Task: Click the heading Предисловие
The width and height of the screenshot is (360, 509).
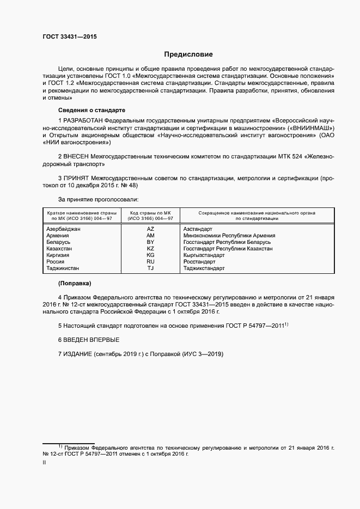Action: (188, 54)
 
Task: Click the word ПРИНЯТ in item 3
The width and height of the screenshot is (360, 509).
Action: (76, 177)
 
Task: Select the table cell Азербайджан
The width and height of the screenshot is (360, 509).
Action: (64, 229)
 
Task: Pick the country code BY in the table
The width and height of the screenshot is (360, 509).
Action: (151, 242)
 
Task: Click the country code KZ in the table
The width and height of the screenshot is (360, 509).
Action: (151, 249)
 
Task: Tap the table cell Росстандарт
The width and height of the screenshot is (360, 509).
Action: (201, 262)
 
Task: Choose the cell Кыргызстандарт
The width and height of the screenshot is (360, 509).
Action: (204, 255)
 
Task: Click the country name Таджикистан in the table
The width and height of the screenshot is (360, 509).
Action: (63, 268)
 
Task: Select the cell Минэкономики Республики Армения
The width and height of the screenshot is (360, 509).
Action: (229, 236)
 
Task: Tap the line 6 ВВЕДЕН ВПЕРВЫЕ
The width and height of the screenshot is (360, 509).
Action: (88, 340)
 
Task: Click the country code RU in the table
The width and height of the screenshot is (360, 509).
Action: (151, 262)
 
